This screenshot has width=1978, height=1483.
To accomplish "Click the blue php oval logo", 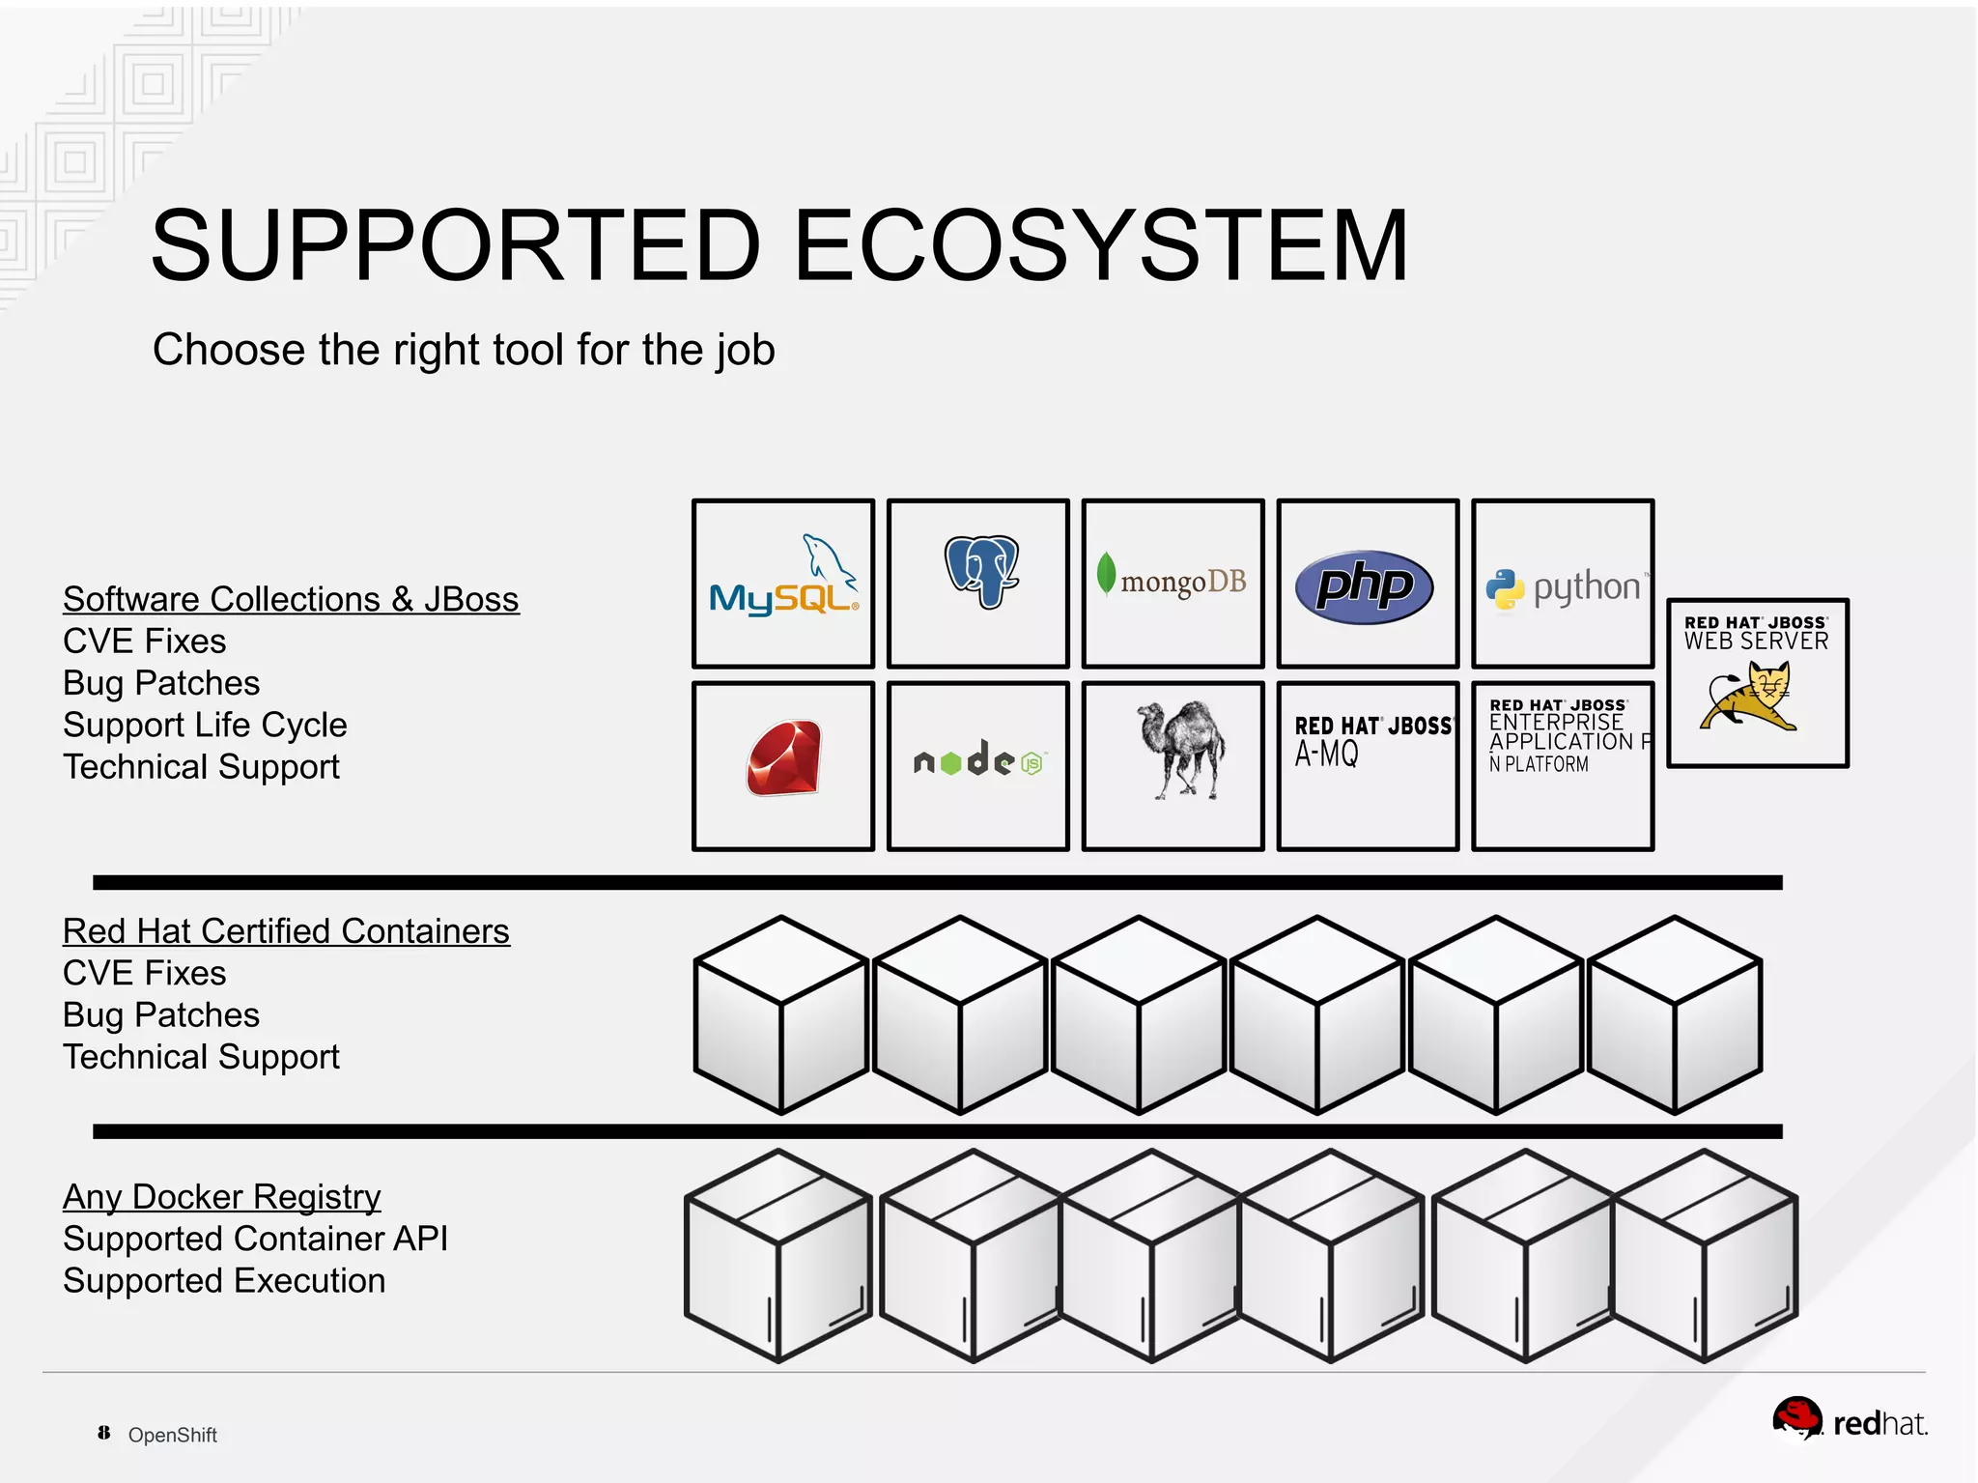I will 1364,585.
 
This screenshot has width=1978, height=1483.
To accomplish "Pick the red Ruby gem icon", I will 783,758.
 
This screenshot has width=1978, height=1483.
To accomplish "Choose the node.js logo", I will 978,761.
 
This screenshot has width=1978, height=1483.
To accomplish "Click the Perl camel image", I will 1180,750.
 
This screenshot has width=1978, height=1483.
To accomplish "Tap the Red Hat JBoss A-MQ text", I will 1371,740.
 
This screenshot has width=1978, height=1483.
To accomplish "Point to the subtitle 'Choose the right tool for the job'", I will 464,350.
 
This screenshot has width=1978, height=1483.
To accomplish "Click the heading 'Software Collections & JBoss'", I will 291,599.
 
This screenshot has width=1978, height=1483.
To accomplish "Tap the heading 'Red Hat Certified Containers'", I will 286,930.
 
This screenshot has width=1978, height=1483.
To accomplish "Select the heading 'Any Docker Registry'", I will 221,1196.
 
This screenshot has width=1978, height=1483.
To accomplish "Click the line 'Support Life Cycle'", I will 205,725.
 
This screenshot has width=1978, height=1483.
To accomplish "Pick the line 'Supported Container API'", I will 255,1239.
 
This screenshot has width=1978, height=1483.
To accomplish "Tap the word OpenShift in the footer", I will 172,1435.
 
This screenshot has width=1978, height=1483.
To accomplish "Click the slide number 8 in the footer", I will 103,1433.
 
